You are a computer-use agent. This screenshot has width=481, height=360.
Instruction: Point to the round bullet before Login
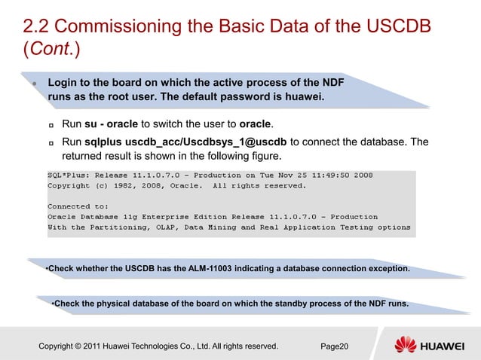click(34, 83)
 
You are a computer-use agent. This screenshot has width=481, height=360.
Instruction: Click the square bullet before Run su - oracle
click(51, 124)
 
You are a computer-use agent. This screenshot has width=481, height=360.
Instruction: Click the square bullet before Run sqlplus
click(51, 142)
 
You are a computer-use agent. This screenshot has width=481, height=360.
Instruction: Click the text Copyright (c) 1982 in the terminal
click(94, 185)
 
